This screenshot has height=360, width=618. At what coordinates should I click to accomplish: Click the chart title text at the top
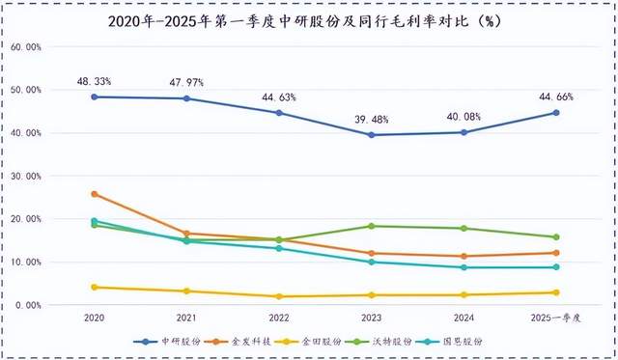pyautogui.click(x=308, y=20)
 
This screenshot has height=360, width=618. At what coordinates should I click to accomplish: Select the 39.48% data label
pyautogui.click(x=371, y=119)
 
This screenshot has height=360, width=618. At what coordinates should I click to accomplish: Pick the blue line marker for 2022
pyautogui.click(x=279, y=113)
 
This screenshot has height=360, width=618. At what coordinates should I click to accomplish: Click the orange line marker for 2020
pyautogui.click(x=95, y=194)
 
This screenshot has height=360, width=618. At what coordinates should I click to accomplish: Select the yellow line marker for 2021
pyautogui.click(x=186, y=291)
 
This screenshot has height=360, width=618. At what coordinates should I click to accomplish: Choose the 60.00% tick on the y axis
pyautogui.click(x=26, y=47)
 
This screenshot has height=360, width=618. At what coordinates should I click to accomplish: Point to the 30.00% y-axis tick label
pyautogui.click(x=26, y=176)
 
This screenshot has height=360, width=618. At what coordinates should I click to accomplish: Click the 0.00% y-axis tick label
pyautogui.click(x=28, y=305)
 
